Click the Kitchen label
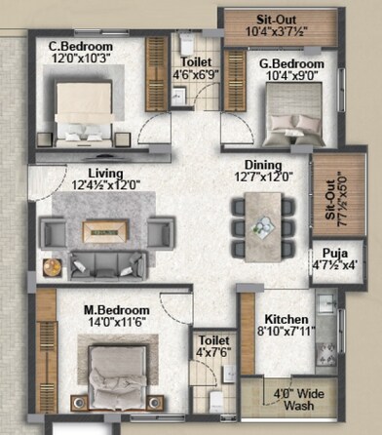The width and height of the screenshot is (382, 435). point(286,319)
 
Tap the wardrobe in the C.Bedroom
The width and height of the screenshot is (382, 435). point(156,75)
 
